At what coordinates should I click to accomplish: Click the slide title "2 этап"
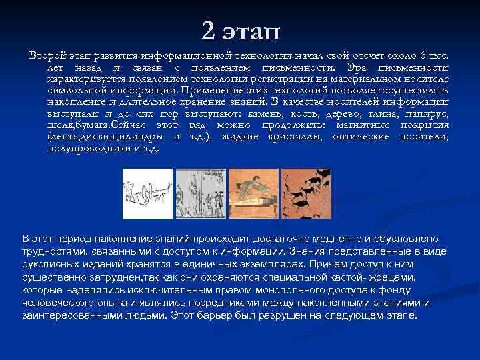pos(241,30)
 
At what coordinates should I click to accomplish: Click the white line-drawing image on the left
pos(147,193)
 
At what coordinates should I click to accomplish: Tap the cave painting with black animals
pos(305,193)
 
